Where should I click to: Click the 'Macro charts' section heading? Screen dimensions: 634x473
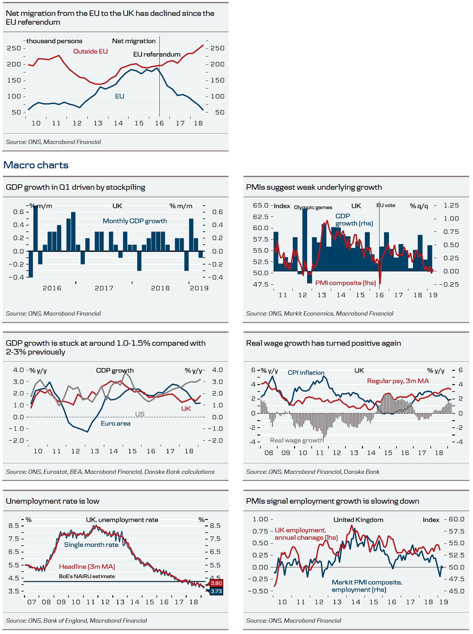pos(36,165)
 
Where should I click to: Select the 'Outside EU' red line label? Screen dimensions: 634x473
pos(90,51)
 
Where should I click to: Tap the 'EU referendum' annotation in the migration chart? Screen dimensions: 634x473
pos(156,54)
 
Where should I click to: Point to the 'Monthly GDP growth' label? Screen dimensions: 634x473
pos(135,221)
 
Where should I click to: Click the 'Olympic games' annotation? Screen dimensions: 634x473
pos(313,207)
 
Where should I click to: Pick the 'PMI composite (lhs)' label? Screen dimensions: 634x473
pos(345,283)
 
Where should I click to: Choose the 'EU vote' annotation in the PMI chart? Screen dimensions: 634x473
pos(386,205)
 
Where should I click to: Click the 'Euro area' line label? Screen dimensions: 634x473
pos(116,423)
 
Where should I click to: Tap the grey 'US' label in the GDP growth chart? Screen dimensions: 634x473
pos(140,414)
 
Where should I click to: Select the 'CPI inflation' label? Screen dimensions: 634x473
pos(306,373)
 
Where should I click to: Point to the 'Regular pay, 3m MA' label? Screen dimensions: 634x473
pos(398,381)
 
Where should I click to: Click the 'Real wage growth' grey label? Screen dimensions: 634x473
pos(297,440)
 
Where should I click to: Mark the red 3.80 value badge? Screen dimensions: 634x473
pos(216,583)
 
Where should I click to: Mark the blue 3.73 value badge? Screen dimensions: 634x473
pos(216,591)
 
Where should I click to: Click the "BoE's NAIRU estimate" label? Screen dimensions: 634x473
pos(87,576)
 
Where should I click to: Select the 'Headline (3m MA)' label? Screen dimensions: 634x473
pos(87,567)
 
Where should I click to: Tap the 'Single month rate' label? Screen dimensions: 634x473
pos(91,545)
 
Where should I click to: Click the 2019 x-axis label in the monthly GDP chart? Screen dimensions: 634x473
pos(199,288)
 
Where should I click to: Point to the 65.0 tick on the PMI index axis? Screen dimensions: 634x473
pos(261,205)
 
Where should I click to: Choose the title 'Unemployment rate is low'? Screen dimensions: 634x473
pos(53,501)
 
